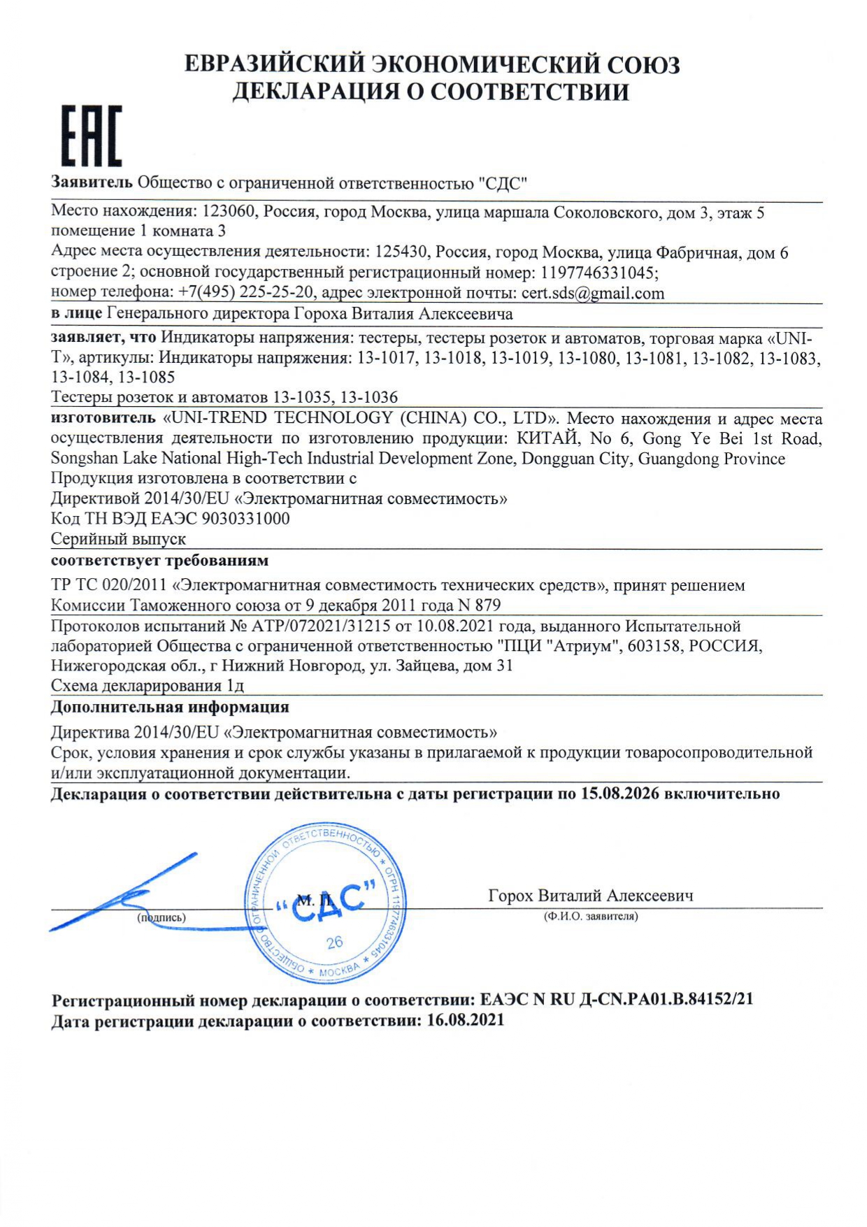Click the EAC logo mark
pos(92,136)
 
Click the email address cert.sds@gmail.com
pos(592,293)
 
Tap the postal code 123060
pos(229,212)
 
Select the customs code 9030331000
pos(245,519)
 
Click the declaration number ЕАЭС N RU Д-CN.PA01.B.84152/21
pos(617,999)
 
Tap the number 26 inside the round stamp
pos(335,942)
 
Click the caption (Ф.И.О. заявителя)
pos(591,916)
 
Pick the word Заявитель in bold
pos(92,183)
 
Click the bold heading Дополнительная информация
pos(170,708)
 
